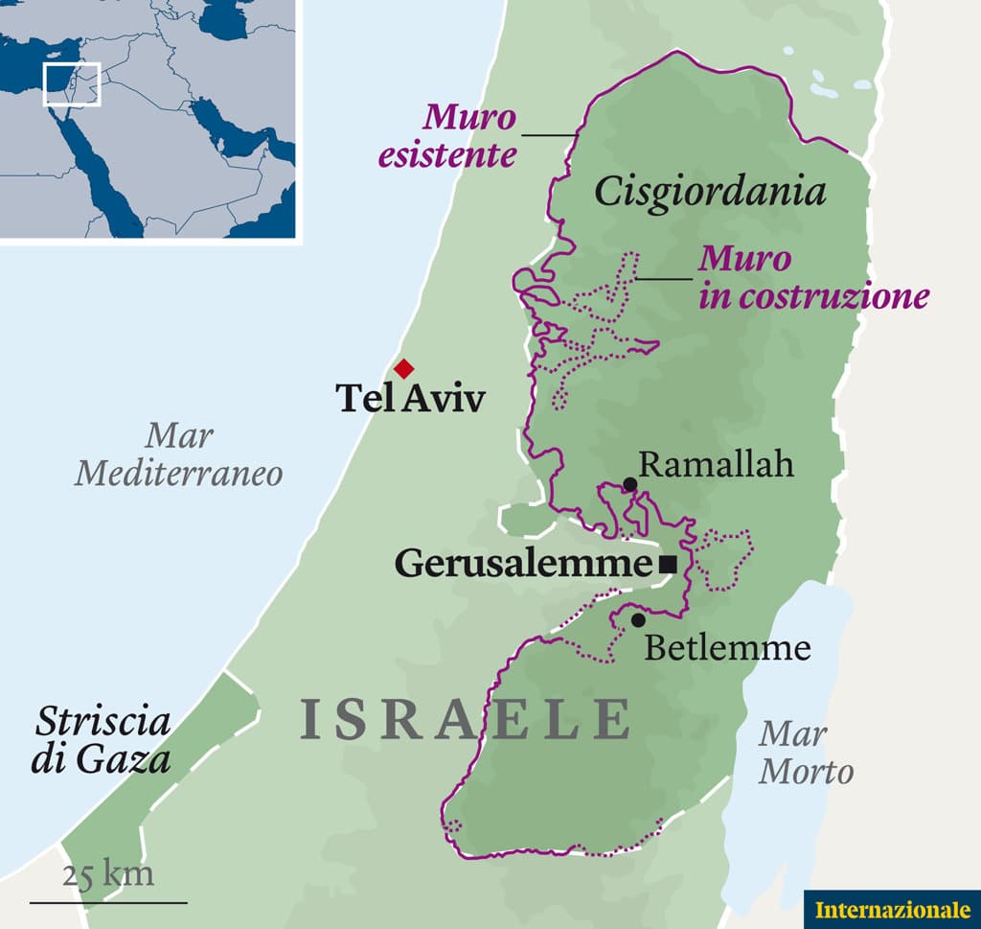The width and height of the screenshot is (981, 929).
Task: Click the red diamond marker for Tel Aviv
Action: tap(403, 368)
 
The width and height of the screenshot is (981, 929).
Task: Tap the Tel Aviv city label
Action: tap(410, 398)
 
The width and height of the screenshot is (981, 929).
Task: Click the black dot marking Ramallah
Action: tap(629, 484)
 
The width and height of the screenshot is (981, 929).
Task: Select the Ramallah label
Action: tap(717, 465)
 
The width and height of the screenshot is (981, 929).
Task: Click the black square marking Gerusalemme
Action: tap(669, 565)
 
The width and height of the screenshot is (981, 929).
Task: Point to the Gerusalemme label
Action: tap(523, 564)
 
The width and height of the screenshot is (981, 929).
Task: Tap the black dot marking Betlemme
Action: tap(638, 620)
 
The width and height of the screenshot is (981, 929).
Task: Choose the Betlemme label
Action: tap(727, 648)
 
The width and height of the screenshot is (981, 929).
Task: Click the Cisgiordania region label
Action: tap(709, 192)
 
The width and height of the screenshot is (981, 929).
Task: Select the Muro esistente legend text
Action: tap(448, 136)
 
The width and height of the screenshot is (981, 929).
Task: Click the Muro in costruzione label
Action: tap(813, 278)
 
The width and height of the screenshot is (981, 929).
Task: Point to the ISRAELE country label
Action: tap(466, 719)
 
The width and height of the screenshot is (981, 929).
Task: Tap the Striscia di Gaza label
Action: tap(102, 741)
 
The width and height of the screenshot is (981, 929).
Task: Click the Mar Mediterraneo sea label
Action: tap(179, 454)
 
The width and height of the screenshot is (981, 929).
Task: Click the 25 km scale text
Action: tap(107, 873)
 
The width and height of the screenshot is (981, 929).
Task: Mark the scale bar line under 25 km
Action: tap(108, 901)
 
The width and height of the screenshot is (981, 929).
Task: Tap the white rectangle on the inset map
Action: tap(72, 84)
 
